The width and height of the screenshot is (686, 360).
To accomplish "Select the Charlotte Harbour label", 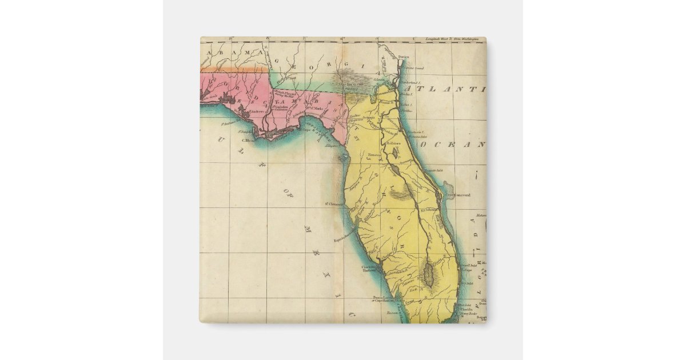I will pyautogui.click(x=369, y=269).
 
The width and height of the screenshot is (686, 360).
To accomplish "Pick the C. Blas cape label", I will pyautogui.click(x=248, y=140).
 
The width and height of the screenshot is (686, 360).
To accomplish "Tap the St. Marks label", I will pyautogui.click(x=313, y=106).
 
